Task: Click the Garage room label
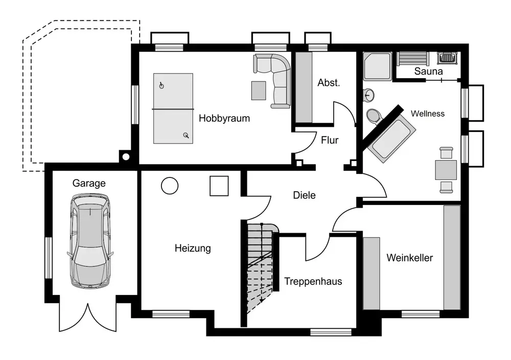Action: tap(89, 183)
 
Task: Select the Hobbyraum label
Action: tap(224, 118)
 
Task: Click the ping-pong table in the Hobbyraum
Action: tap(173, 108)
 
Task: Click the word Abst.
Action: tap(329, 83)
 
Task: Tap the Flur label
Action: tap(330, 140)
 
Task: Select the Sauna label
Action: tap(428, 72)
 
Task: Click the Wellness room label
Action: tap(428, 114)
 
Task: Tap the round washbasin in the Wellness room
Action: tap(368, 95)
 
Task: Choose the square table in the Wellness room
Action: tap(446, 170)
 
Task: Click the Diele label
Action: tap(305, 195)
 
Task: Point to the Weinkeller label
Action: tap(410, 258)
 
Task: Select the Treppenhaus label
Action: tap(313, 281)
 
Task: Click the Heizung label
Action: tap(193, 249)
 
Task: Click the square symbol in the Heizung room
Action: tap(219, 186)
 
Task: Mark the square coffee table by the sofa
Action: tap(259, 91)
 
